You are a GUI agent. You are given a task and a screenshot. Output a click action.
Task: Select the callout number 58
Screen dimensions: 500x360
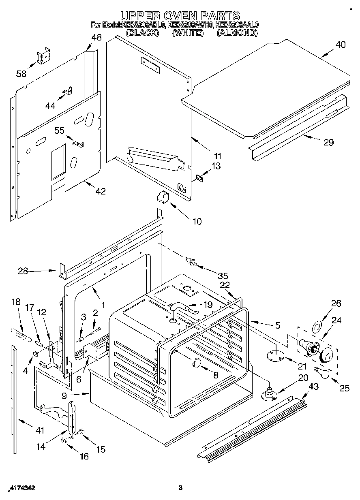pos(21,73)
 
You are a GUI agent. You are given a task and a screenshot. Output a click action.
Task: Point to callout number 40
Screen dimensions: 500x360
pos(341,45)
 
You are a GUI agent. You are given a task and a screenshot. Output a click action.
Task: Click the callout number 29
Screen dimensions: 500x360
pos(328,142)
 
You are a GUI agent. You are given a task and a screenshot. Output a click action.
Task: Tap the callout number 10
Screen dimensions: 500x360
pos(196,221)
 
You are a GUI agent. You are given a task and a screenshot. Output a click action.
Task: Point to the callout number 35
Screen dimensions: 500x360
pos(223,276)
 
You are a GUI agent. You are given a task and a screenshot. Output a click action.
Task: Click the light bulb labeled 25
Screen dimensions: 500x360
pos(323,372)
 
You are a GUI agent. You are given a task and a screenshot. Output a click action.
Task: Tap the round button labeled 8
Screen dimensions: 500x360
pos(197,363)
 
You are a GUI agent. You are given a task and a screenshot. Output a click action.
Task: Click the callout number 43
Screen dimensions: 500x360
pos(313,387)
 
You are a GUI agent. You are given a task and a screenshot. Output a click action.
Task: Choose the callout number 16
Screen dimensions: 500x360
pos(84,456)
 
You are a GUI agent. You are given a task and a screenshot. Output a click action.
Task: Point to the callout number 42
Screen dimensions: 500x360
pos(100,191)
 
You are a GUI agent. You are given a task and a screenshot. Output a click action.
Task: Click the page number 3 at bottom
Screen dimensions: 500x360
pos(181,488)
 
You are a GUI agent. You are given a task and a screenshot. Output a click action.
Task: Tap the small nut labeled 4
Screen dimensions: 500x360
pos(35,355)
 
